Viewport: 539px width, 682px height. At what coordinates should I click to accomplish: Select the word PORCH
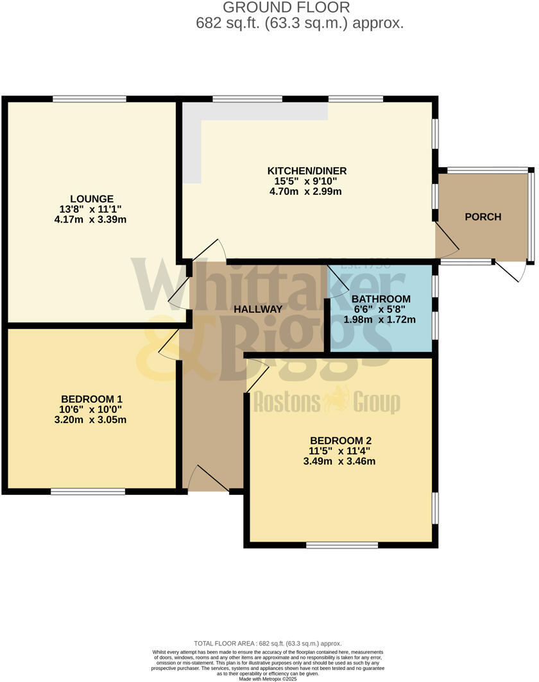click(x=483, y=217)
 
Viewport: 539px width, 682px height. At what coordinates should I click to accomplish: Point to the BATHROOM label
click(x=381, y=299)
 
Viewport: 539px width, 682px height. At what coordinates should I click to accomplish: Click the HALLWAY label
click(x=258, y=309)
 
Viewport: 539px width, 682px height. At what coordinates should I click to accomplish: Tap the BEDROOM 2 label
click(x=341, y=440)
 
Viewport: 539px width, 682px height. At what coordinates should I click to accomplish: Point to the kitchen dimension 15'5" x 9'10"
click(x=307, y=181)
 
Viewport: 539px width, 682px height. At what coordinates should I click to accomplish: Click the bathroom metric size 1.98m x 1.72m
click(x=381, y=319)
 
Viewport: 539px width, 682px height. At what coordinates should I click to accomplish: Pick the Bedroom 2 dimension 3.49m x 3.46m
click(x=341, y=461)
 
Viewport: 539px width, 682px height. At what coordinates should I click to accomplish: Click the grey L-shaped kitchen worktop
click(x=193, y=141)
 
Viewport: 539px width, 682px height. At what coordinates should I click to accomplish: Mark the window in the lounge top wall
click(x=89, y=98)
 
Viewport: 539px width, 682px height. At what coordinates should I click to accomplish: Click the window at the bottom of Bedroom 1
click(x=88, y=492)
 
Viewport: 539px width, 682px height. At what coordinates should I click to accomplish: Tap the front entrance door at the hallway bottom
click(x=205, y=478)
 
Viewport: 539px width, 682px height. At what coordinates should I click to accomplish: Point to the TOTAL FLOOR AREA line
click(x=268, y=643)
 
